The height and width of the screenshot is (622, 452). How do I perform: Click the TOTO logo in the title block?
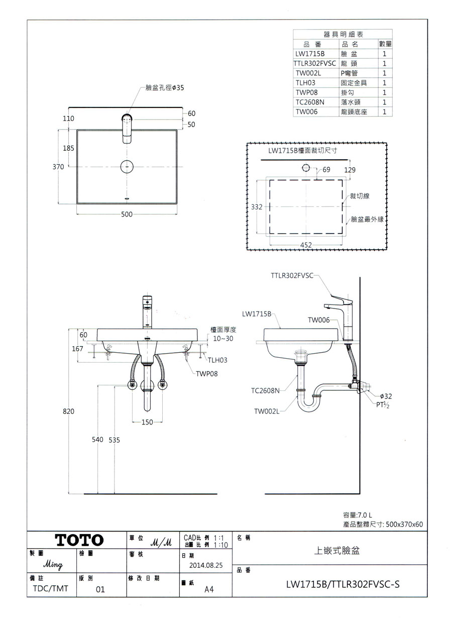pos(79,541)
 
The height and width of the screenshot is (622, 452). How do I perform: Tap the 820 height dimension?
pos(68,411)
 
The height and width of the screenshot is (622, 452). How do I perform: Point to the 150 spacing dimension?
pos(147,423)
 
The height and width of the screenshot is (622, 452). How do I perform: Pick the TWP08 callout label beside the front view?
pos(206,374)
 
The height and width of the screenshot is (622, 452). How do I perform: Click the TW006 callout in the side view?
pos(318,320)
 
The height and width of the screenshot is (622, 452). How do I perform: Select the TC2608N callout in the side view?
pos(265,389)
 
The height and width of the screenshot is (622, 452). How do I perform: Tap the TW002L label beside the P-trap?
pos(266,411)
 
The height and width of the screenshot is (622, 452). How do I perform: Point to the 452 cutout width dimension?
pos(306,245)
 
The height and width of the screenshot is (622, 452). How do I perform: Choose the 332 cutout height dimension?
pos(257,207)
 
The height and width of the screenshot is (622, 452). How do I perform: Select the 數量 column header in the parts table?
pos(385,45)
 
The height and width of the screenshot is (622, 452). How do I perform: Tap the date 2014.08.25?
pos(206,565)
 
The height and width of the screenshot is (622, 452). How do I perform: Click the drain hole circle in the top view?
pos(127,166)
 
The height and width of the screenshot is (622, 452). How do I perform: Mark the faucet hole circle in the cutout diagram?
pos(306,167)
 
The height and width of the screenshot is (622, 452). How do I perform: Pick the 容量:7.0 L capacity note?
pos(357,515)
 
